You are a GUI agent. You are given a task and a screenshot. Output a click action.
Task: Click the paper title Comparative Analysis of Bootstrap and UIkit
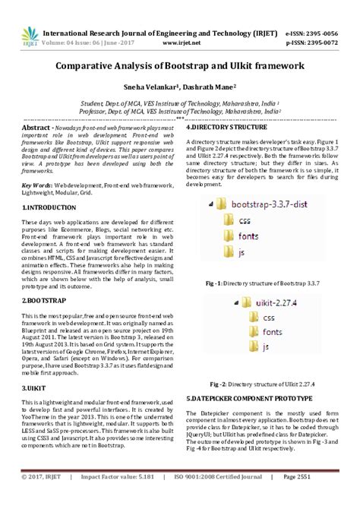(180, 66)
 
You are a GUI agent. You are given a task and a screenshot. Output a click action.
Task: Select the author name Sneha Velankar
(150, 88)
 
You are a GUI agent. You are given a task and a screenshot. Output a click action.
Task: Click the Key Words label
(37, 185)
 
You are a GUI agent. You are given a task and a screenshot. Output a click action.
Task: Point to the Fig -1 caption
(258, 283)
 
